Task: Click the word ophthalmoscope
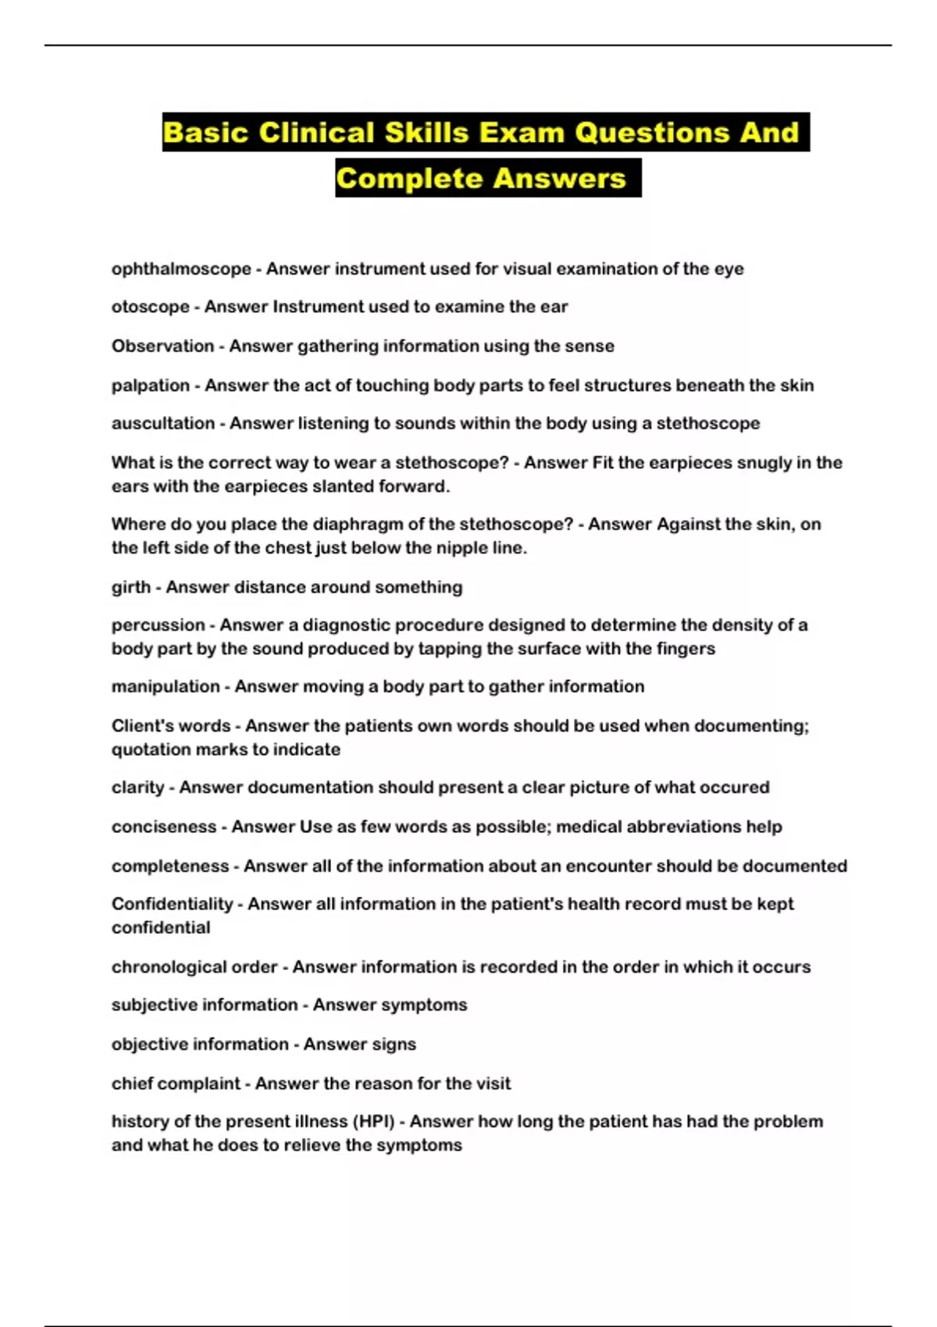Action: (x=181, y=269)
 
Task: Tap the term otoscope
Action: (x=150, y=307)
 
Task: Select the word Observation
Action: (x=162, y=346)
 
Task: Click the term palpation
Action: (x=150, y=386)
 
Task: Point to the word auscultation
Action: (x=162, y=423)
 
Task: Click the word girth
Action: (x=130, y=587)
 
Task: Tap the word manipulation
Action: (x=165, y=687)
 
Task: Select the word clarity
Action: (x=137, y=788)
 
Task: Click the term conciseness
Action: (x=163, y=827)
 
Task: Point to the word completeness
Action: (x=170, y=866)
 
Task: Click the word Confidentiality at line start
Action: (x=172, y=904)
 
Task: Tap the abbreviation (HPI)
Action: (x=374, y=1122)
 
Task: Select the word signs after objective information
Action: (x=394, y=1044)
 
